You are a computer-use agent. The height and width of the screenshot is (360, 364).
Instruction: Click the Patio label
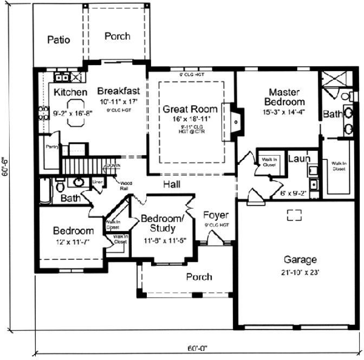coord(58,40)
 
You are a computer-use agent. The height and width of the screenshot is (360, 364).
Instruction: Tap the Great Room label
coord(186,108)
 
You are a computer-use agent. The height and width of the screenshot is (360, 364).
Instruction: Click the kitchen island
coord(76,113)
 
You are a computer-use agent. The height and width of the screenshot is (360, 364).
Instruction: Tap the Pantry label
coord(52,146)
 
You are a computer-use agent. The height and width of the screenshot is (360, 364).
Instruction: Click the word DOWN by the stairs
coord(113,165)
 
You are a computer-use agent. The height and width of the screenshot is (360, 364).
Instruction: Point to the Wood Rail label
coord(127,184)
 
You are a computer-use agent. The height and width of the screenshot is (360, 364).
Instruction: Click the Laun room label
coord(298,159)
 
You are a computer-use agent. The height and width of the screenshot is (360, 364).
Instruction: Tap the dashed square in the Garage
coord(294,215)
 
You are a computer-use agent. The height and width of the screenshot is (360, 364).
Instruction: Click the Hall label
coord(172,185)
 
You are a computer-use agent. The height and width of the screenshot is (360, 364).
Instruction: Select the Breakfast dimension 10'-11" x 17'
coord(119,101)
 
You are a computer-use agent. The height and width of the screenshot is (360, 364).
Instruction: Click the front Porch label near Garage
coord(199,277)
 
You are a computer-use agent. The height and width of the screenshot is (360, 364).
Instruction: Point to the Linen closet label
coord(98,182)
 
